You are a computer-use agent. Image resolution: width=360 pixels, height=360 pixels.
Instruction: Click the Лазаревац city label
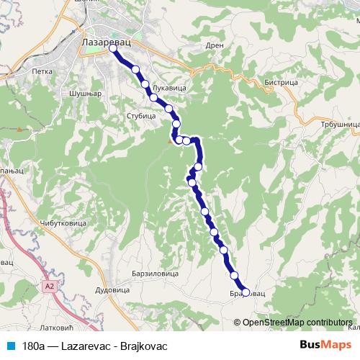(107, 42)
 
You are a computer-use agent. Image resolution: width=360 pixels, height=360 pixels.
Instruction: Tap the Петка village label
(42, 72)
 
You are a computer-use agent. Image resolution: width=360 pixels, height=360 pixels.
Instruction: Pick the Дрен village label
(215, 45)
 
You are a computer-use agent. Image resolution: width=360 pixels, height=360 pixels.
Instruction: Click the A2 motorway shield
(49, 287)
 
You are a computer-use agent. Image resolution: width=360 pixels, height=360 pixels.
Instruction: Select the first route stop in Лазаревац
(113, 50)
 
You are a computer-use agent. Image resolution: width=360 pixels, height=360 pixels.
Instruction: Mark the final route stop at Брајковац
(246, 292)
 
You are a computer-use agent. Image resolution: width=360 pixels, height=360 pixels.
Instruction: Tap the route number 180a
(33, 346)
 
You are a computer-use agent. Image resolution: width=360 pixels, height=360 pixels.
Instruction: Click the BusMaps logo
(326, 345)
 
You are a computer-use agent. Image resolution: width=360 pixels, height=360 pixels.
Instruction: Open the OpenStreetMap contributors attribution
(297, 322)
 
